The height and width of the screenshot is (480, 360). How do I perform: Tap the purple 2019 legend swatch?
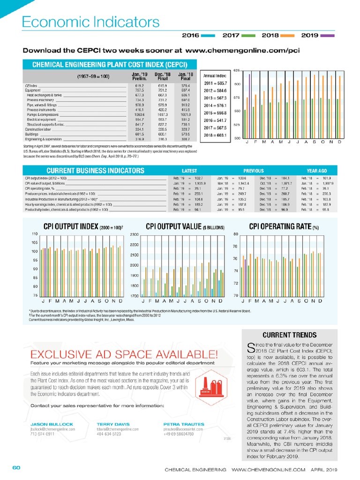[x=329, y=36]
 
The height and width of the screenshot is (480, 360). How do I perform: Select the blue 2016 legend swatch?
[x=208, y=36]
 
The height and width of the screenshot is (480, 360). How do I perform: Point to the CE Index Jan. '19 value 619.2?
[x=138, y=86]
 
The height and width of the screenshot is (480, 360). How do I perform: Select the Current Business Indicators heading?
[x=95, y=171]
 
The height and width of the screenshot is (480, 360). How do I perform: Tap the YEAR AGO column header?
[x=316, y=171]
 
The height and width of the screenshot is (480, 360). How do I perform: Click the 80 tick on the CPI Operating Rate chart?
[x=236, y=234]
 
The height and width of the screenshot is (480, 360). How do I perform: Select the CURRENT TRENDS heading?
[x=289, y=335]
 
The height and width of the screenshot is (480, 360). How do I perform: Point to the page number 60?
[x=16, y=468]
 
